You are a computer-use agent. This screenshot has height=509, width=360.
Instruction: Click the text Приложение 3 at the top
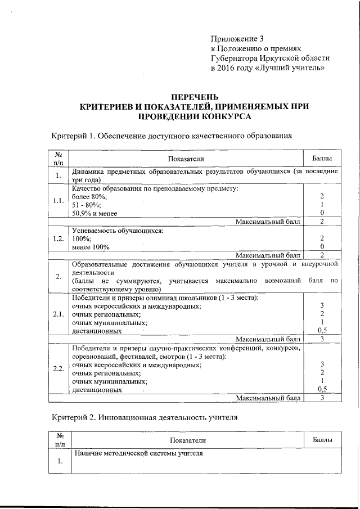(x=237, y=39)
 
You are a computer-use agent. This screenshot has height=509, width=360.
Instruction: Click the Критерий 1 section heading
(x=172, y=136)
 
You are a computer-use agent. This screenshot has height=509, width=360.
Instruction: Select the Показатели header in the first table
(x=186, y=160)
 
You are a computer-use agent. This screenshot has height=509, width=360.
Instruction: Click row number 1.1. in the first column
(x=58, y=200)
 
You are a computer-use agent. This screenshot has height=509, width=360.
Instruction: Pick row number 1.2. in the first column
(x=58, y=238)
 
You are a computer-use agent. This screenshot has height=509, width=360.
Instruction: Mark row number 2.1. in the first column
(x=58, y=314)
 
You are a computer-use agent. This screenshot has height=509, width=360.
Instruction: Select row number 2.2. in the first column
(x=58, y=369)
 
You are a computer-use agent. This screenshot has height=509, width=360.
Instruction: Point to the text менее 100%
(x=91, y=247)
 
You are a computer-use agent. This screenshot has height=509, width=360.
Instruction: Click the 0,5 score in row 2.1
(x=322, y=331)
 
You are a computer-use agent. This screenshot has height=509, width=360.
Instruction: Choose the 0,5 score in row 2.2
(x=322, y=389)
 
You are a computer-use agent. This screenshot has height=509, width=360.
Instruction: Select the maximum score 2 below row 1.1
(x=322, y=222)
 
